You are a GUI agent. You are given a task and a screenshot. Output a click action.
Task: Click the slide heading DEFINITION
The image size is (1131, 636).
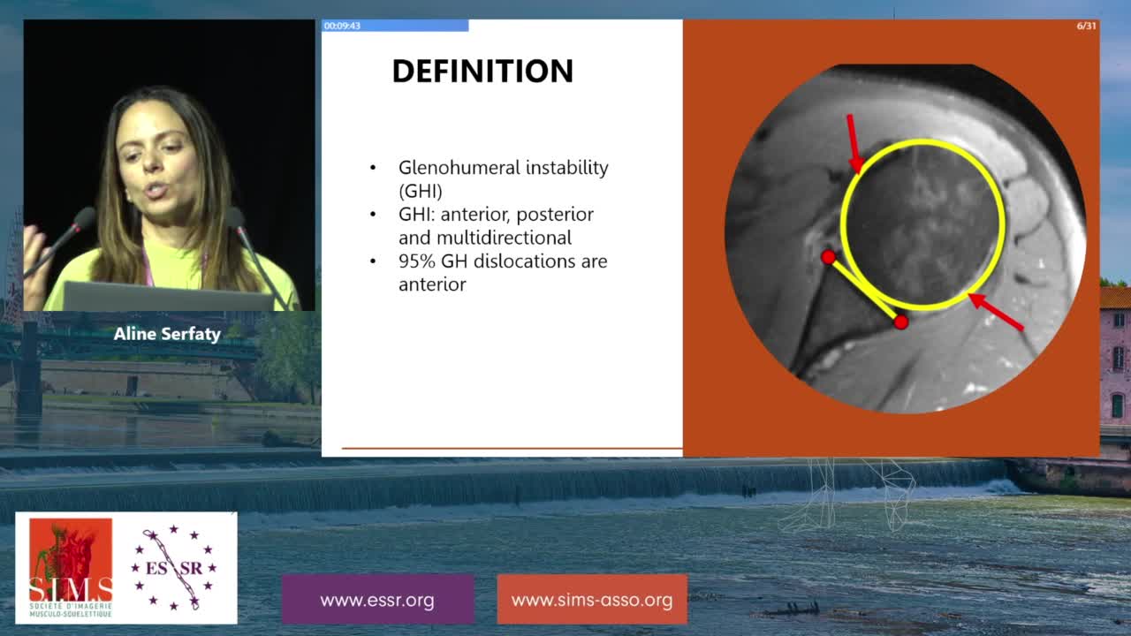[x=482, y=71]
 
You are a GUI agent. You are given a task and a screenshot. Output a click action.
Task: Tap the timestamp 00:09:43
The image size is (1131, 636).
[x=342, y=26]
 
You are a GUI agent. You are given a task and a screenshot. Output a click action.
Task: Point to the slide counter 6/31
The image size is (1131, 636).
[x=1086, y=26]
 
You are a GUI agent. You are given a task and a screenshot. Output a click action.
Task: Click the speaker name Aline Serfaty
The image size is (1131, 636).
[x=167, y=334]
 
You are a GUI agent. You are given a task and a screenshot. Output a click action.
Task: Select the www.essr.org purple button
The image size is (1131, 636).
[x=377, y=599]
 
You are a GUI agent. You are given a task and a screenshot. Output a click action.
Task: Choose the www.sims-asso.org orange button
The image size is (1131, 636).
[x=592, y=599]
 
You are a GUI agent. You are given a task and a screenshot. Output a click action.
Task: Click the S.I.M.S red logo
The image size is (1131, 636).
[x=71, y=568]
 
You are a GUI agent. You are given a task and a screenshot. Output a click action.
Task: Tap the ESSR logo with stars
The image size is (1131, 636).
[x=174, y=568]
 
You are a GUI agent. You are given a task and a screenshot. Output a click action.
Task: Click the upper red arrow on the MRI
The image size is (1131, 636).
[x=854, y=144]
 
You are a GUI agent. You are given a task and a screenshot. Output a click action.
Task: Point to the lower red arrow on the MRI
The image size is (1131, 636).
[x=996, y=312]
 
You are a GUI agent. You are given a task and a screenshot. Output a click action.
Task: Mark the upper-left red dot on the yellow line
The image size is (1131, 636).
[x=828, y=257]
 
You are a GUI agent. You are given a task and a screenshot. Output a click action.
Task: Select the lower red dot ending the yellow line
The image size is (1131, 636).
[x=900, y=322]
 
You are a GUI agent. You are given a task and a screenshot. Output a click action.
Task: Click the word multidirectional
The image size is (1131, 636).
[x=504, y=238]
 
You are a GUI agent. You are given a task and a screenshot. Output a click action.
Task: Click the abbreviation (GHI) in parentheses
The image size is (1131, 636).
[x=420, y=192]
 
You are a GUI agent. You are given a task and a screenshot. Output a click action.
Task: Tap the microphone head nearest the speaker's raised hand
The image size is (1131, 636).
[x=84, y=220]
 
